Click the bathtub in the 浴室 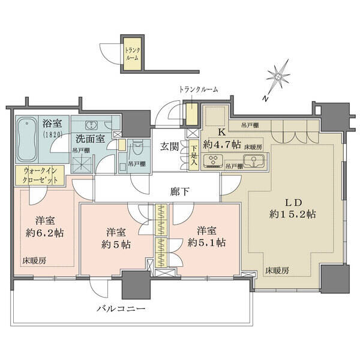click(x=27, y=139)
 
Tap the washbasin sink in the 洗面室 click(x=92, y=125)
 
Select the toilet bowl click(x=137, y=149)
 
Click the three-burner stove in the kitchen click(x=213, y=160)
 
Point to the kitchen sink click(x=254, y=160)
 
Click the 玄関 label click(x=169, y=147)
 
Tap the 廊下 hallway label click(x=180, y=191)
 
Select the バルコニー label click(x=121, y=308)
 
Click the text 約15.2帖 click(x=293, y=214)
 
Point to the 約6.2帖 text click(x=45, y=233)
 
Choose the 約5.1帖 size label click(x=206, y=242)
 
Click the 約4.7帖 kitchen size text click(x=222, y=145)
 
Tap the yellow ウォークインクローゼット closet click(x=40, y=175)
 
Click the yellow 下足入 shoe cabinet click(x=194, y=155)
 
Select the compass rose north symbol click(x=278, y=76)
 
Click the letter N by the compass click(x=266, y=99)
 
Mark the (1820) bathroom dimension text click(x=53, y=134)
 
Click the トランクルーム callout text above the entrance click(x=199, y=89)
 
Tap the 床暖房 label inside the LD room click(x=277, y=271)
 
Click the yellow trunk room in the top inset click(x=133, y=54)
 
